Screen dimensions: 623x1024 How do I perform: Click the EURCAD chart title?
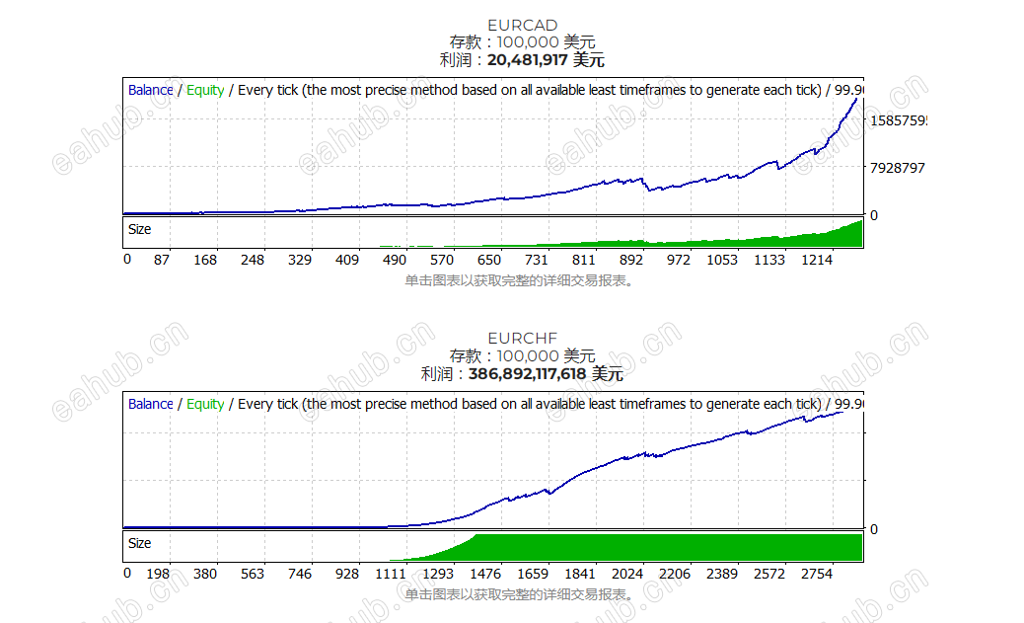click(x=522, y=25)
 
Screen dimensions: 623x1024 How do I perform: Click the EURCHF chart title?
click(x=522, y=338)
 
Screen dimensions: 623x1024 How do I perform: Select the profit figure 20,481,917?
click(x=528, y=60)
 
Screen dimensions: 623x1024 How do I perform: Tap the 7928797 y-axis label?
click(x=897, y=168)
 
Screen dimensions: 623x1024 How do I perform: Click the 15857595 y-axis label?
click(x=897, y=120)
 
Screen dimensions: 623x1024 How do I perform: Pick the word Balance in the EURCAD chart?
click(x=150, y=90)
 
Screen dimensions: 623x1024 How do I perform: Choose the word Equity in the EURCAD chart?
click(x=205, y=90)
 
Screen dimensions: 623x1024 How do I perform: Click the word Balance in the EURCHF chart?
click(x=150, y=404)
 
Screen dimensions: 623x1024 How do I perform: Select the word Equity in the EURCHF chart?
click(x=205, y=404)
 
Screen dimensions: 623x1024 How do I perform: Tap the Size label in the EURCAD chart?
click(x=140, y=229)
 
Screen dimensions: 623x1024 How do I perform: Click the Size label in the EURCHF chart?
click(x=140, y=543)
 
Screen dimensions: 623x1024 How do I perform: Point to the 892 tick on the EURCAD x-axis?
click(x=631, y=260)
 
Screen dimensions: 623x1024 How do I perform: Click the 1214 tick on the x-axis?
click(x=817, y=260)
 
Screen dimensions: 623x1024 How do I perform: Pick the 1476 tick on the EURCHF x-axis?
click(x=485, y=574)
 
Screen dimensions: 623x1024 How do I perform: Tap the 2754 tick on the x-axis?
click(x=817, y=574)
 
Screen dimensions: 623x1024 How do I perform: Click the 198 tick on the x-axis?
click(x=158, y=574)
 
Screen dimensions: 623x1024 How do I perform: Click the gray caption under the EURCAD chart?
click(x=518, y=280)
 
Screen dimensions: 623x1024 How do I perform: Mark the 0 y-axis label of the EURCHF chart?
click(x=873, y=529)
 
